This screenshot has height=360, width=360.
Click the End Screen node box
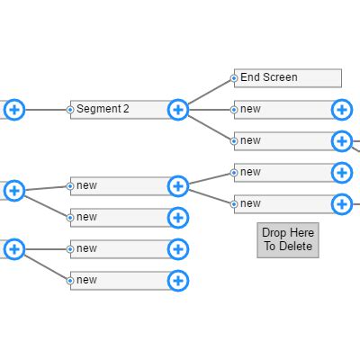click(288, 78)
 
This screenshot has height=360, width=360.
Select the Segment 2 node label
click(103, 109)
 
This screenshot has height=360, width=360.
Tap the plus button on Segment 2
click(178, 110)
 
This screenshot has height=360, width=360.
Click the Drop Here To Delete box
click(287, 239)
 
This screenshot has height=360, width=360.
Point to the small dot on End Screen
click(234, 78)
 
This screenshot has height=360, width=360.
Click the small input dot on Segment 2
click(70, 110)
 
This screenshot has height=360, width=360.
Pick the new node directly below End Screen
click(283, 110)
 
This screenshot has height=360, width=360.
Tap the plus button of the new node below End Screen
click(342, 110)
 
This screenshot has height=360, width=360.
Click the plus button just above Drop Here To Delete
click(342, 204)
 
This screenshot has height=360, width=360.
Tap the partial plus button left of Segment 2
click(13, 110)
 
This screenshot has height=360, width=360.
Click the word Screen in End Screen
click(281, 77)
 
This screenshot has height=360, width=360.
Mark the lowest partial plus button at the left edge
click(13, 249)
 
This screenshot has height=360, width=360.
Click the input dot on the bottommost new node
click(70, 281)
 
